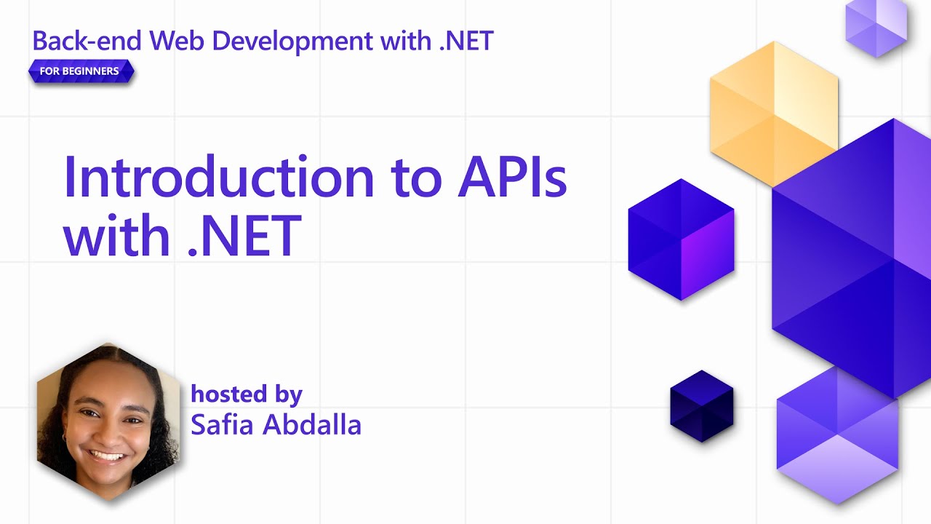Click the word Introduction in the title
tap(217, 178)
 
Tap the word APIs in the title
tap(512, 178)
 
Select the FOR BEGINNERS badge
tap(81, 71)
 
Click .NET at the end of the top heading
tap(466, 41)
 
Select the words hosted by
tap(246, 394)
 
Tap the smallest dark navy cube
tap(701, 406)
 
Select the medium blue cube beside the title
tap(681, 239)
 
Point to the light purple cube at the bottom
tap(837, 437)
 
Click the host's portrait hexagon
tap(108, 421)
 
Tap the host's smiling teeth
tap(106, 456)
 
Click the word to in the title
tap(416, 178)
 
